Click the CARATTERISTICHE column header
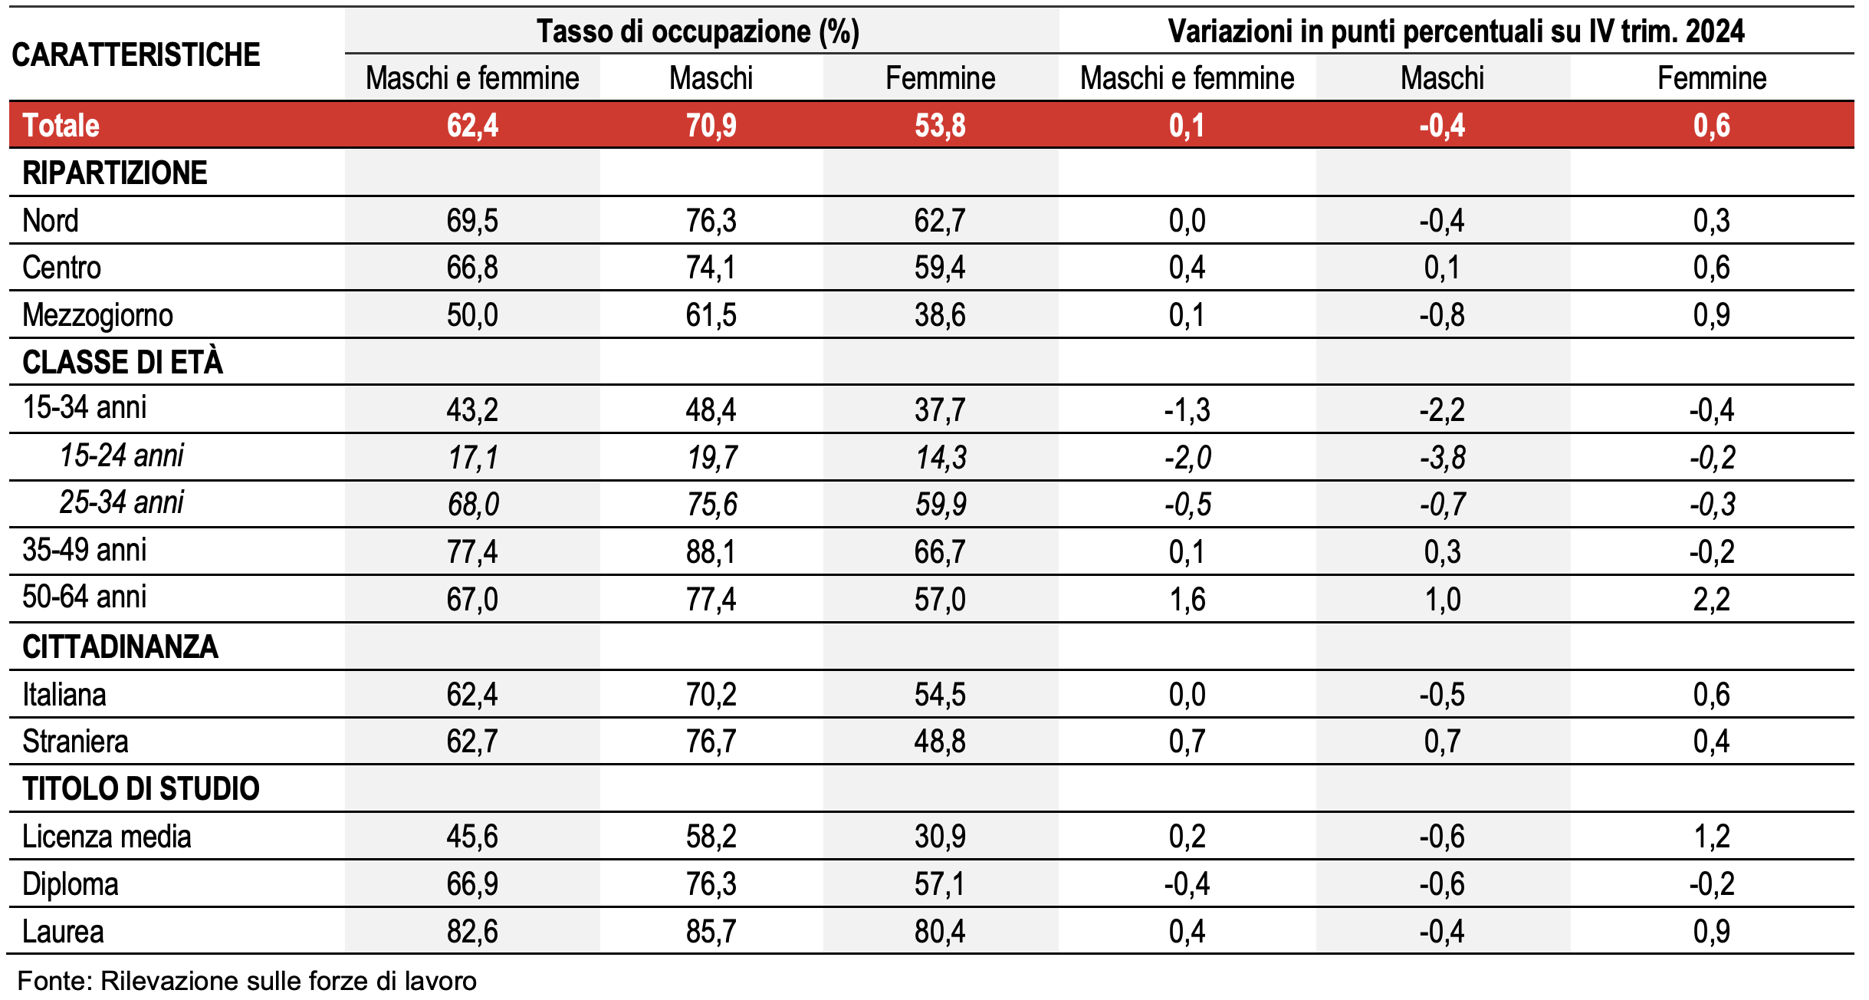136,54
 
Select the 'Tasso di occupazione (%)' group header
698,31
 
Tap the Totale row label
61,125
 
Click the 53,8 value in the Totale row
940,125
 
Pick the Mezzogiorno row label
97,315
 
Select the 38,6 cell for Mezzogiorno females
940,315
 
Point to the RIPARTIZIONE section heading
115,173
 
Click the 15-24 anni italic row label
121,456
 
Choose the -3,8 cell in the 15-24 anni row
1442,458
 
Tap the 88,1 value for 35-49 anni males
711,552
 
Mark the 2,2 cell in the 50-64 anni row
1711,599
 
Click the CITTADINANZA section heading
120,646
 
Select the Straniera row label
75,742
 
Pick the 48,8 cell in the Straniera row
940,742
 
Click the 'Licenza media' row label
107,836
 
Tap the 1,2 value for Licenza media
1711,836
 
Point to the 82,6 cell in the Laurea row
472,931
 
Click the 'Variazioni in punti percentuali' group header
1456,31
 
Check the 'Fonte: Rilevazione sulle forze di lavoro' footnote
247,981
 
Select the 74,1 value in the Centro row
711,268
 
